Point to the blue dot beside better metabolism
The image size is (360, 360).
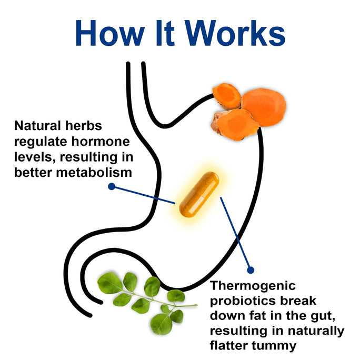111,186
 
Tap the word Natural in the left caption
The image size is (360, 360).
36,126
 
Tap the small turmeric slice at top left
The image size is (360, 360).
226,96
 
